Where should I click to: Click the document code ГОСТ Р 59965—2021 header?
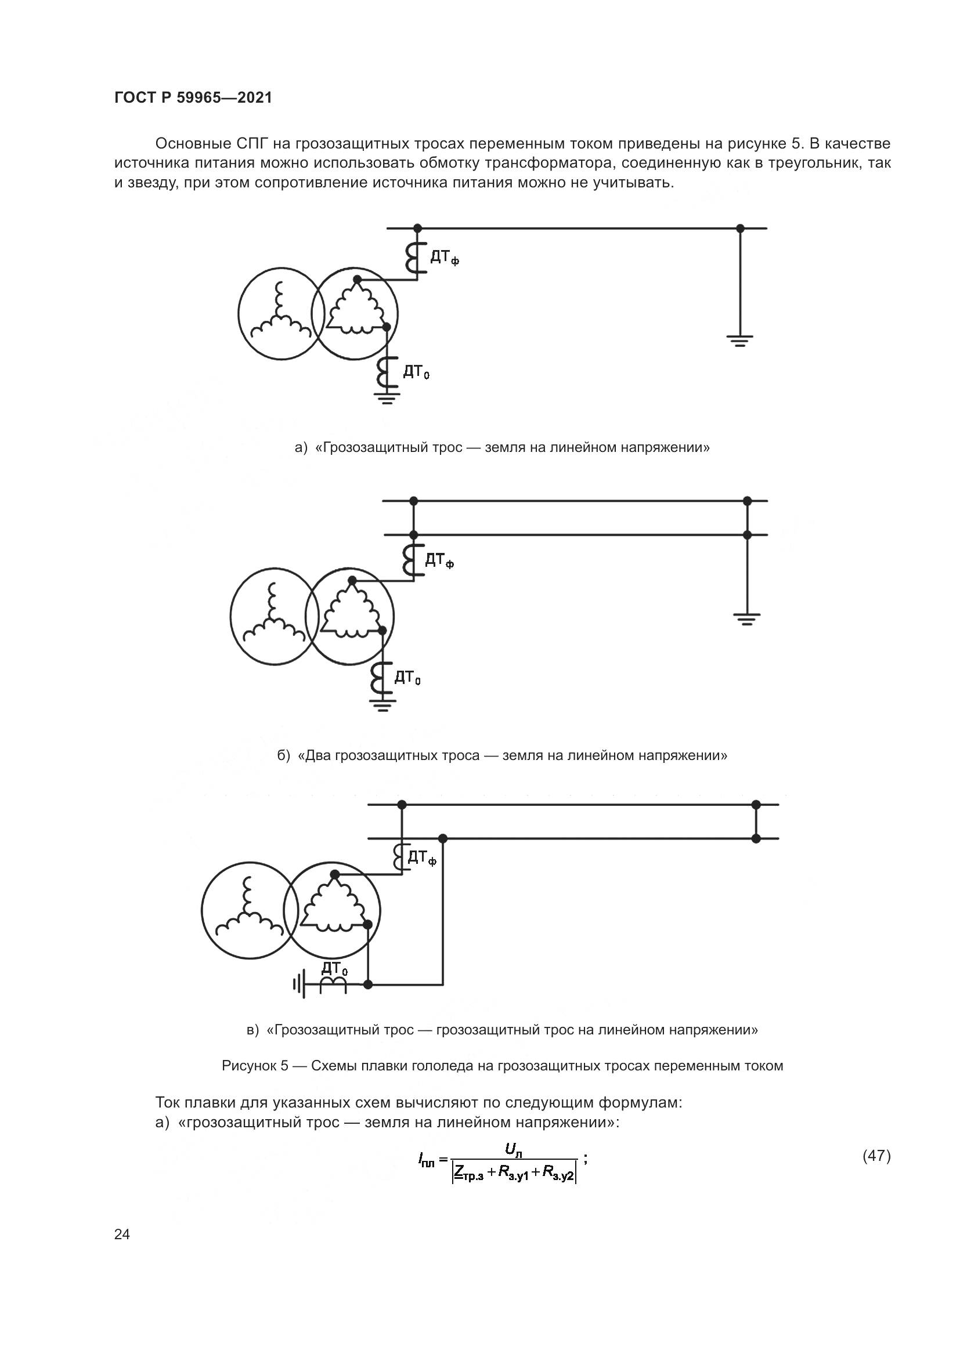193,98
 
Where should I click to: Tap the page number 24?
122,1234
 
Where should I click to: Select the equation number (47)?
876,1156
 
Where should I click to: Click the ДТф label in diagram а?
444,258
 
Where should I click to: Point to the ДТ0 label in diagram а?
416,372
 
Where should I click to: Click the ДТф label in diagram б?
439,560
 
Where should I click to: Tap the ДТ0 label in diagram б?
407,677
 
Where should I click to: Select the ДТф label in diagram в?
422,857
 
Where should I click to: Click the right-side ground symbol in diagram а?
739,341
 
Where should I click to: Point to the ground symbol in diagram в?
299,984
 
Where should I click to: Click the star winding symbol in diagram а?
280,314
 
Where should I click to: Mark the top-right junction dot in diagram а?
739,228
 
